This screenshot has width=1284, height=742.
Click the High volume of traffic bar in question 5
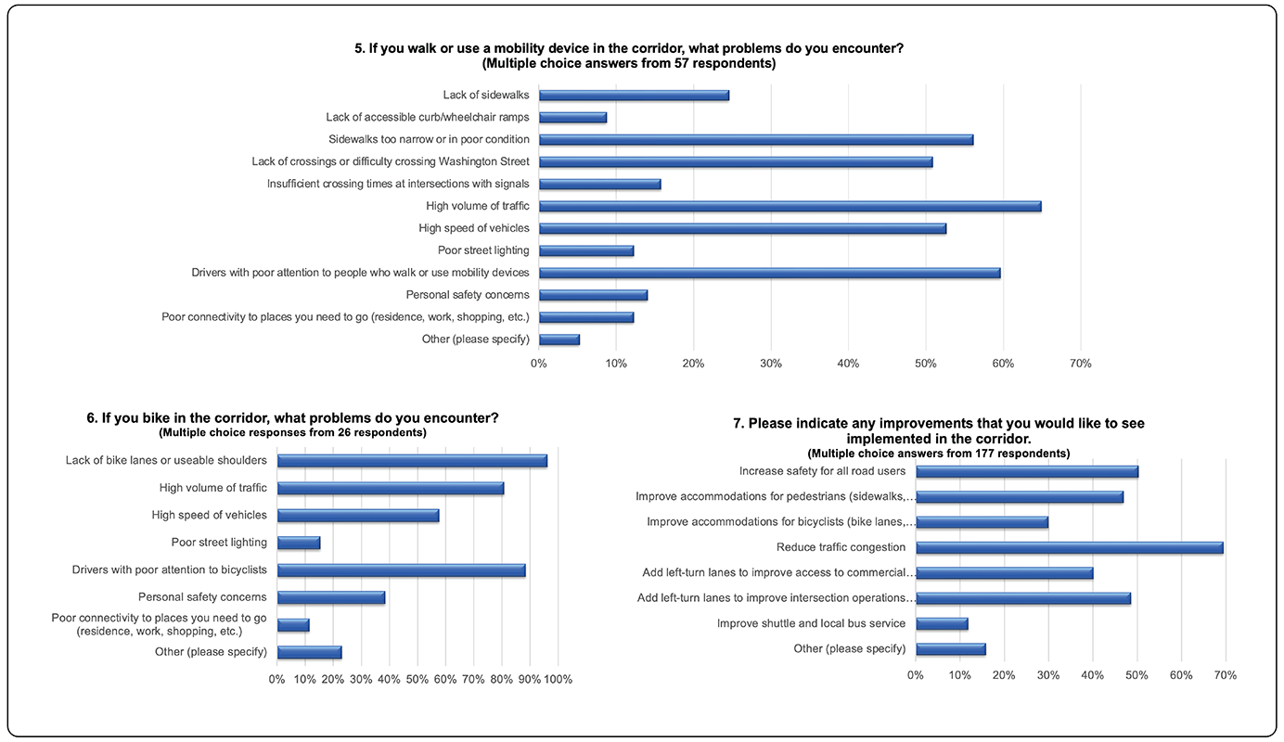(790, 206)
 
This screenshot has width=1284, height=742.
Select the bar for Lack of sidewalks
(634, 95)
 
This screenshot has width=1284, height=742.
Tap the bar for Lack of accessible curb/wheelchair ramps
(572, 117)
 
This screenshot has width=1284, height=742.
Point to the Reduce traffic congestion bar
(1069, 547)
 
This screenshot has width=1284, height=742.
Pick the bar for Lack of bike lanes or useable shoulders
(412, 460)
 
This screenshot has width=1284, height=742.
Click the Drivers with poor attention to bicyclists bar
(401, 569)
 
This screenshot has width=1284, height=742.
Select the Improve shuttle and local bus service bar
(942, 623)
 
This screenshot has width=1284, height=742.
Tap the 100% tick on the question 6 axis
(558, 680)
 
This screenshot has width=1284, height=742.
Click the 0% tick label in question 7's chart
(916, 675)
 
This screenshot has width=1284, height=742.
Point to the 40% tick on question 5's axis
(848, 364)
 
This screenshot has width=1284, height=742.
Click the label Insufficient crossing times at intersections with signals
(398, 184)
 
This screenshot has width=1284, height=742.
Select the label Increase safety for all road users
(822, 471)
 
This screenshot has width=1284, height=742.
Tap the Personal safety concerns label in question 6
(202, 597)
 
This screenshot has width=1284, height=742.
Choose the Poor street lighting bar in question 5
(586, 250)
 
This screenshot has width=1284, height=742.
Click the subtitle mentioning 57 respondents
(629, 64)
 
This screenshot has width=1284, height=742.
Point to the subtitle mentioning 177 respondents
(938, 454)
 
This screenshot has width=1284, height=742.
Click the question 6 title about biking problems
(292, 418)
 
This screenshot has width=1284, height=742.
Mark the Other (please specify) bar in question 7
(950, 649)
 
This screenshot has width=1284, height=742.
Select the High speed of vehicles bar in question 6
(358, 515)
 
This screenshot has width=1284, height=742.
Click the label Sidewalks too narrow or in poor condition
(429, 139)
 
